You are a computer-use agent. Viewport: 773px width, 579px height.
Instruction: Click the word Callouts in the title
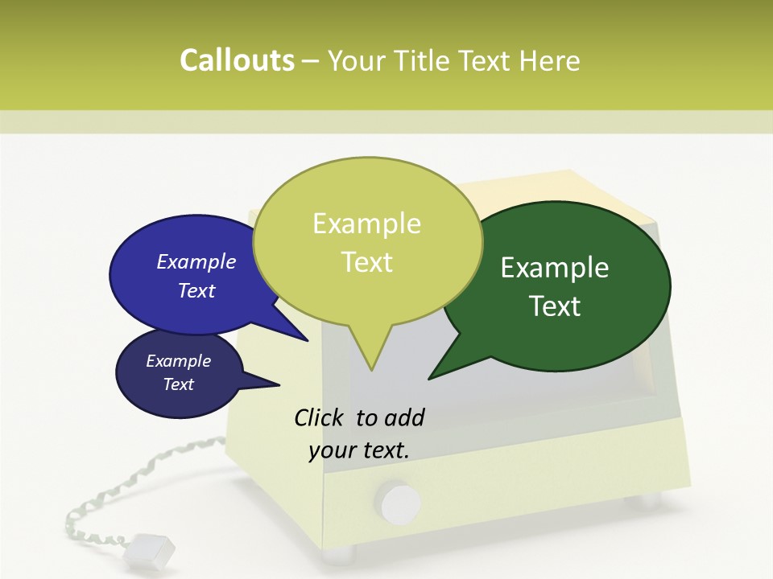click(237, 61)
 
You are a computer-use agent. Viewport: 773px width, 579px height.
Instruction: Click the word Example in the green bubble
click(555, 268)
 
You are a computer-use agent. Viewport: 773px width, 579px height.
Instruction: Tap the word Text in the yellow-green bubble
click(367, 262)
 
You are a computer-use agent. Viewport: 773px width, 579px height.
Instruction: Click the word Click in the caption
click(320, 417)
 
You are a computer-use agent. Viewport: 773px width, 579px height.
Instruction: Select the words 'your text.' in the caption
click(359, 450)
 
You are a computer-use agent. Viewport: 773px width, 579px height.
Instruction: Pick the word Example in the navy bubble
click(179, 361)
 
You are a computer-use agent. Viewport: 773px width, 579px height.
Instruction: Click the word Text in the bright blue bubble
click(196, 291)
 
